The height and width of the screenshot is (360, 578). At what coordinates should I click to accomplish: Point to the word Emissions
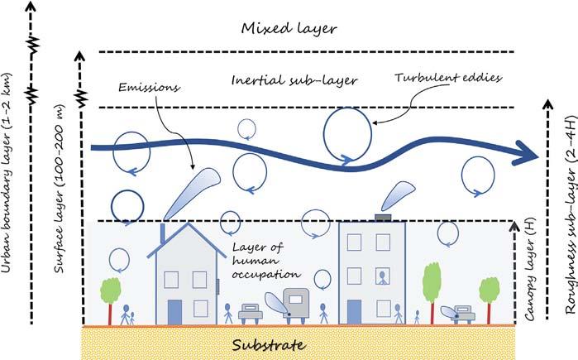click(x=146, y=86)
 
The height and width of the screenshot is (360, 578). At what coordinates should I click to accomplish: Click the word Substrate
click(x=268, y=343)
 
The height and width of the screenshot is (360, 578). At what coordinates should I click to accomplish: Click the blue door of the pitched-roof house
click(x=174, y=310)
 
